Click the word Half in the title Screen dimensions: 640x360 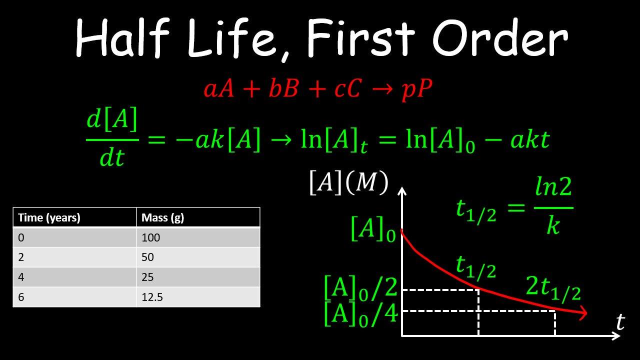click(x=123, y=37)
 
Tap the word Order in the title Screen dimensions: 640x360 click(x=500, y=37)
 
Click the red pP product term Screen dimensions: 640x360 click(x=417, y=89)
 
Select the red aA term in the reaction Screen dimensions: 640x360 click(x=219, y=88)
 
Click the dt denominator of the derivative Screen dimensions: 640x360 click(x=112, y=157)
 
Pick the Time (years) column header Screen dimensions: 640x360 click(x=49, y=217)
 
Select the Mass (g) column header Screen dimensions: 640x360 click(x=163, y=217)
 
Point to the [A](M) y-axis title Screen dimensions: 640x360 click(x=349, y=183)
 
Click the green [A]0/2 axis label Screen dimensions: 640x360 click(x=361, y=288)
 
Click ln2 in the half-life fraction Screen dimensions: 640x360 click(x=553, y=186)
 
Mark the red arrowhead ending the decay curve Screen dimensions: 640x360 click(x=583, y=313)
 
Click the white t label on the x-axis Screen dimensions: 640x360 click(x=620, y=322)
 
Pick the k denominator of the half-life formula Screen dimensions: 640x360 click(x=553, y=224)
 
